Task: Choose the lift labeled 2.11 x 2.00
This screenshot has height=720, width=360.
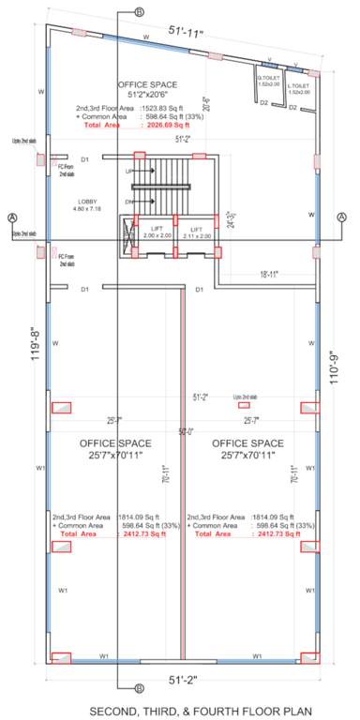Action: click(x=197, y=232)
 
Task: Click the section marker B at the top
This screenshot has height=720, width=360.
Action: click(x=139, y=11)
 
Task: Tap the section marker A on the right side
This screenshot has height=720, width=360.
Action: click(x=342, y=217)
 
